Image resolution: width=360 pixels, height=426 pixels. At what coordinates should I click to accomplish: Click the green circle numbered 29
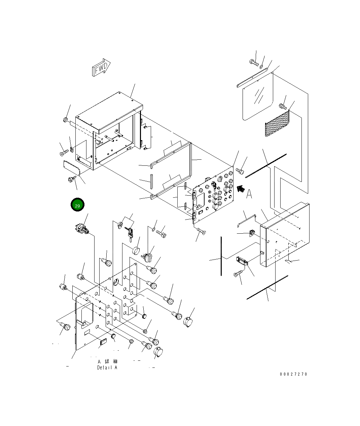pyautogui.click(x=77, y=205)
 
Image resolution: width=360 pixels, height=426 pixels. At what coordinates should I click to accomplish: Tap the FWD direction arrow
pyautogui.click(x=101, y=69)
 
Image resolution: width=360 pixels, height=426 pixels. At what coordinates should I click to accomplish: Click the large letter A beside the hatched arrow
pyautogui.click(x=249, y=194)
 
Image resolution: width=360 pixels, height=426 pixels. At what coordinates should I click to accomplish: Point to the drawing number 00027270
pyautogui.click(x=293, y=374)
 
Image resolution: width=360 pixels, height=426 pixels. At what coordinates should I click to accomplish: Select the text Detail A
pyautogui.click(x=107, y=367)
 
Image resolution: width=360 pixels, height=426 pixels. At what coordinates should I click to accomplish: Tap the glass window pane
pyautogui.click(x=257, y=98)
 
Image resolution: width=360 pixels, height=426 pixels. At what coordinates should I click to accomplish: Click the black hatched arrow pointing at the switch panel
pyautogui.click(x=241, y=189)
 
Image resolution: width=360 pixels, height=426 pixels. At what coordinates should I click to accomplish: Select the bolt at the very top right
pyautogui.click(x=253, y=62)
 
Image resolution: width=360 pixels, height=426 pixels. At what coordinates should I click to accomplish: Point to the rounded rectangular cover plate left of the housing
pyautogui.click(x=71, y=167)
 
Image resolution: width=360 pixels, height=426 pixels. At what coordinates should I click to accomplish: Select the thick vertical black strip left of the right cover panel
pyautogui.click(x=221, y=256)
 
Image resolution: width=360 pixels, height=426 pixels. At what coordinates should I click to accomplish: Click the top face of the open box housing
pyautogui.click(x=108, y=111)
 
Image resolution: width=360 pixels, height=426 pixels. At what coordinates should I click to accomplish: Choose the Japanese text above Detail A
pyautogui.click(x=107, y=361)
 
